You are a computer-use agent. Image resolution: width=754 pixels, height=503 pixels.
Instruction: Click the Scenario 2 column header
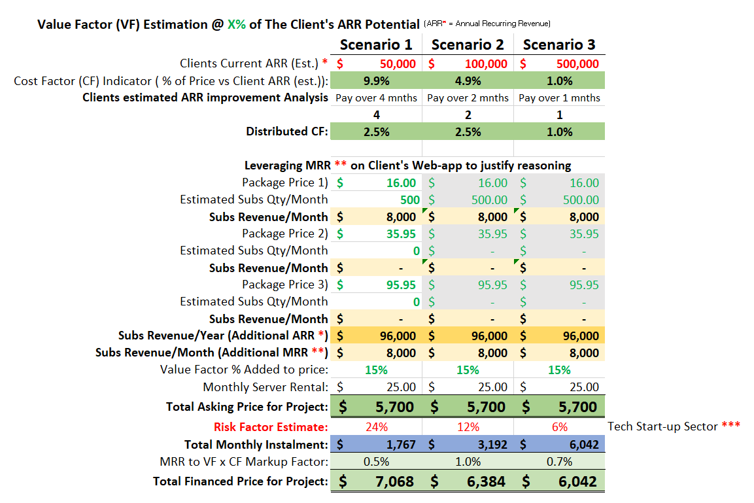[468, 45]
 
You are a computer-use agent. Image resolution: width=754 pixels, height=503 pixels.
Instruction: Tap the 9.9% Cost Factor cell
[376, 81]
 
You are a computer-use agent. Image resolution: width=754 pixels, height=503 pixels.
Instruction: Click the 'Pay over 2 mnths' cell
[468, 98]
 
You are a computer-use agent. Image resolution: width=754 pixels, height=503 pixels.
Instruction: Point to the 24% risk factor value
[376, 427]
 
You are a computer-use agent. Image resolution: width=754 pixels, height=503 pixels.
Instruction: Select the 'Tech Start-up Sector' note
[674, 426]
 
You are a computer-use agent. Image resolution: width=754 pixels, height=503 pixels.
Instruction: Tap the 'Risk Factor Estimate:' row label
[271, 427]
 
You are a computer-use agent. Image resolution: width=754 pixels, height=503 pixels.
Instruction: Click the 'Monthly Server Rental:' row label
[266, 387]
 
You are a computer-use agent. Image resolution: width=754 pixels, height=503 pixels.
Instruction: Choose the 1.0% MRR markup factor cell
[468, 462]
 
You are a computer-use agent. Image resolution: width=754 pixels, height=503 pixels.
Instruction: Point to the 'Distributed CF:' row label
[287, 131]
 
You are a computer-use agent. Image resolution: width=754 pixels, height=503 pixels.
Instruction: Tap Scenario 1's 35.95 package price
[401, 234]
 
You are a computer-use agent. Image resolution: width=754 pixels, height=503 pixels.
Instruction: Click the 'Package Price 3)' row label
[285, 285]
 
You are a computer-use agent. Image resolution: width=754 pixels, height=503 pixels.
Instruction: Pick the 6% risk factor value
[559, 427]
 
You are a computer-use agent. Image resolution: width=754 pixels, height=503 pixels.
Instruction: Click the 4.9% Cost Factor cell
[468, 81]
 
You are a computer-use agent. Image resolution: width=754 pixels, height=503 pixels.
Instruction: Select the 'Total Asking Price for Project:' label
[247, 407]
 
